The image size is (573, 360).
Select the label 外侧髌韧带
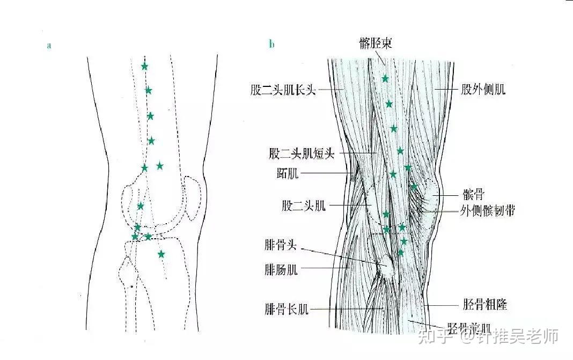tap(487, 210)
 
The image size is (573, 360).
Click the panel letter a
tap(49, 46)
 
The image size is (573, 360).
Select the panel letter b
tap(271, 45)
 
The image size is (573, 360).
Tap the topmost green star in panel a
tap(144, 67)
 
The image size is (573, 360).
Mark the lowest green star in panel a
tap(161, 254)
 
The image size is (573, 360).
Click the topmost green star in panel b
tap(385, 79)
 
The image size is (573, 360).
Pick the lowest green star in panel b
tap(400, 252)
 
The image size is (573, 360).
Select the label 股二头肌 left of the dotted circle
tap(304, 206)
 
